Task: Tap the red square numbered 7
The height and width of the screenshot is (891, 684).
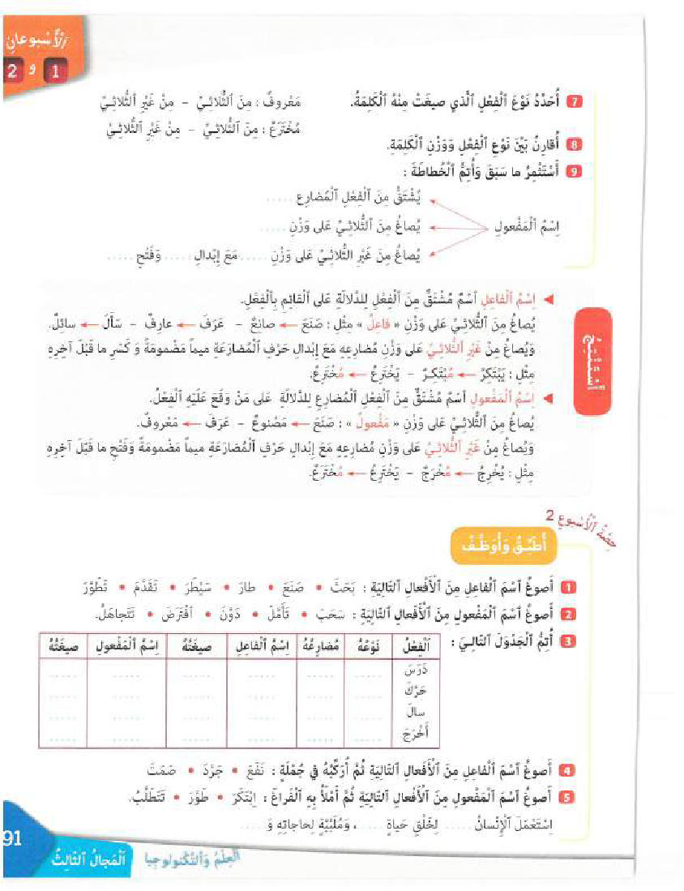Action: click(x=574, y=102)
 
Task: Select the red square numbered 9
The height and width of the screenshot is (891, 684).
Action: click(x=574, y=170)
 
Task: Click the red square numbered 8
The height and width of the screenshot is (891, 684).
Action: click(x=574, y=145)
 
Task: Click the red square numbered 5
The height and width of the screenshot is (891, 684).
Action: click(x=569, y=798)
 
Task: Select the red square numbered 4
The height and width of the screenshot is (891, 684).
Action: click(x=569, y=771)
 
